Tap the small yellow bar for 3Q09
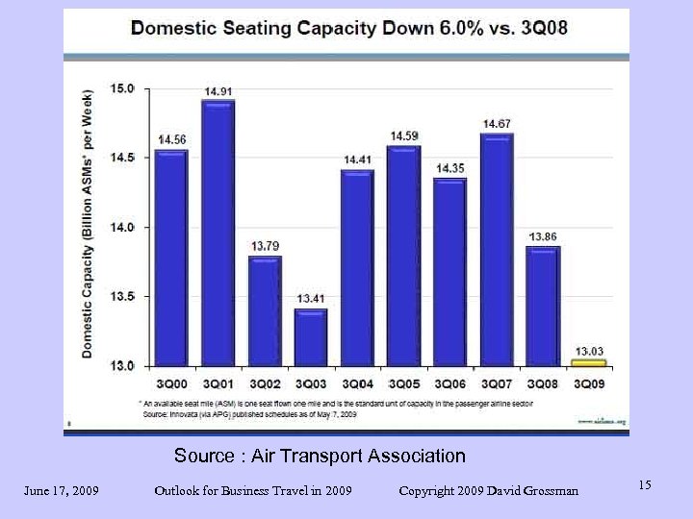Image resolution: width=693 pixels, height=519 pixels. point(589,362)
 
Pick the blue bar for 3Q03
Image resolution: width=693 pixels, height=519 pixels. point(311,336)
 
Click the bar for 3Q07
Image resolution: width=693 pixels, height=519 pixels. point(497,250)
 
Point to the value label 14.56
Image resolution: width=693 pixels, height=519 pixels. point(172,139)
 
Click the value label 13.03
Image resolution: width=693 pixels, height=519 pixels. point(590,350)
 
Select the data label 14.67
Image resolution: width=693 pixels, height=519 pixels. point(497,124)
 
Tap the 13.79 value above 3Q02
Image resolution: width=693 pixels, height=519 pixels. point(265,246)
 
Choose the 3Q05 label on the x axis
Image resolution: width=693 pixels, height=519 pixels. point(404,383)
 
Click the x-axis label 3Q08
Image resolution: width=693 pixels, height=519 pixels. point(543,383)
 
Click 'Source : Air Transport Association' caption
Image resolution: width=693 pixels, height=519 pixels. point(320,456)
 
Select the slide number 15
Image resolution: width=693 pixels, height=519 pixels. point(644,485)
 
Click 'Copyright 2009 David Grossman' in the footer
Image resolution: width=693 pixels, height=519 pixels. point(489,491)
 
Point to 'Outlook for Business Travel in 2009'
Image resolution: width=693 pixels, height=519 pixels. point(252,491)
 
